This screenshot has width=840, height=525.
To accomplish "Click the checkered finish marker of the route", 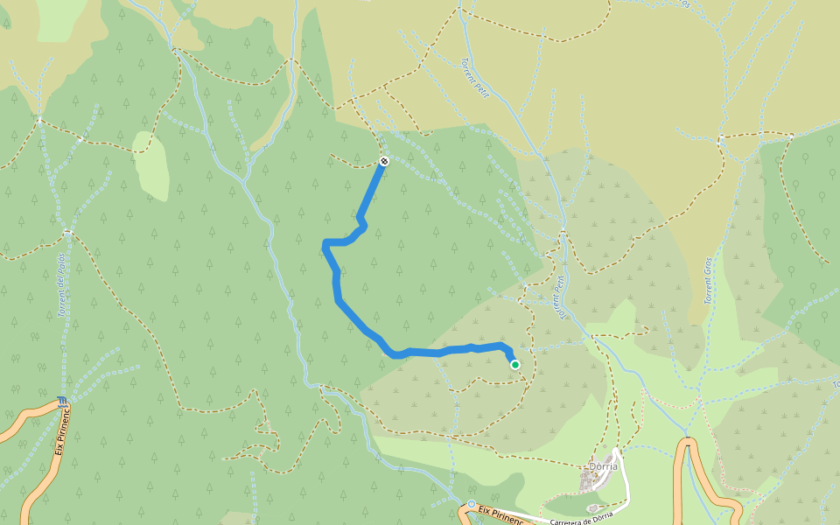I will pyautogui.click(x=384, y=161).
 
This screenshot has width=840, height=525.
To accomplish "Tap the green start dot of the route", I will pyautogui.click(x=515, y=365).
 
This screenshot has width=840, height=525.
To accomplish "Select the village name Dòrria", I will pyautogui.click(x=603, y=466).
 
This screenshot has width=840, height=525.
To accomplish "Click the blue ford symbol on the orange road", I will pyautogui.click(x=60, y=402).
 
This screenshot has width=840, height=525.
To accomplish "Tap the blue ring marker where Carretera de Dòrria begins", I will pyautogui.click(x=472, y=505).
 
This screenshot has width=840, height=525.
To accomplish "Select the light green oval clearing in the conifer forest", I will pyautogui.click(x=150, y=165).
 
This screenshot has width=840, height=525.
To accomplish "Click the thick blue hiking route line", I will pyautogui.click(x=338, y=289).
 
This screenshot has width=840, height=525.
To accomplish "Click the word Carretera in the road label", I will pyautogui.click(x=568, y=519).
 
